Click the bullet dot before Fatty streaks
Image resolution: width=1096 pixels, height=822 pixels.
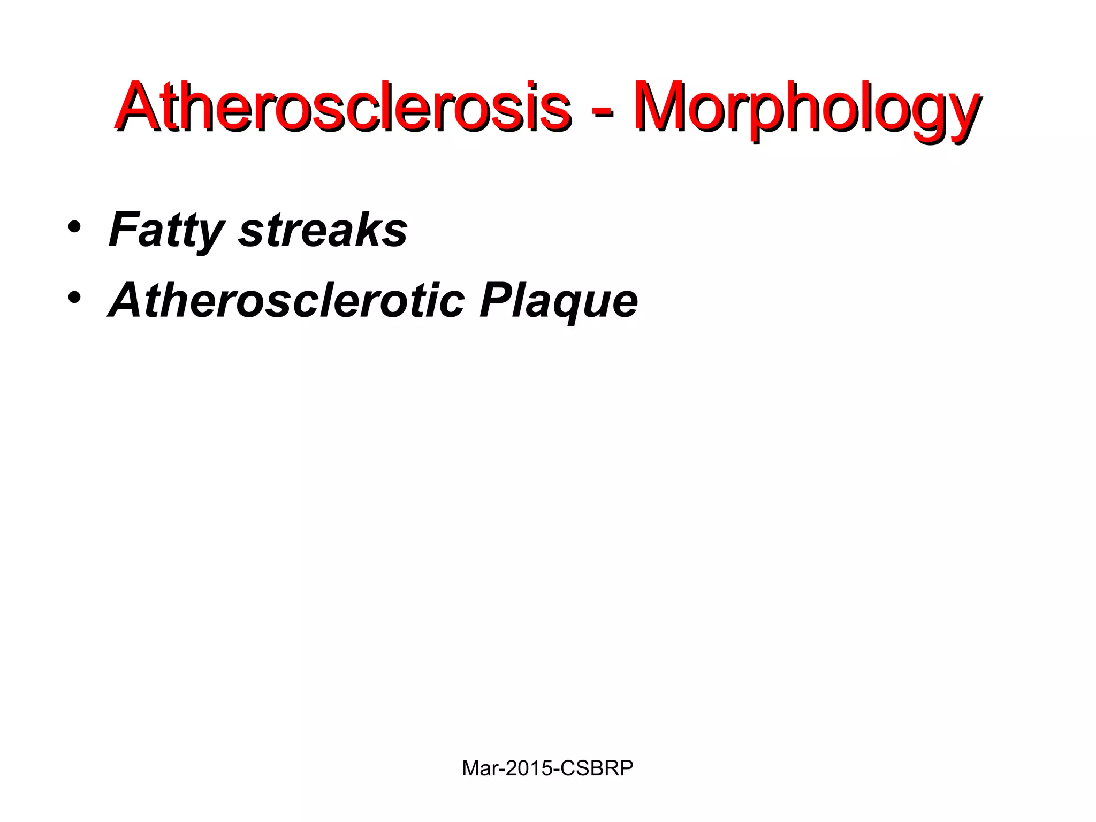(74, 227)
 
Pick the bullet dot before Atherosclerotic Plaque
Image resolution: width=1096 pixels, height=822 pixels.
(74, 297)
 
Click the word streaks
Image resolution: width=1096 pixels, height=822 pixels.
(323, 230)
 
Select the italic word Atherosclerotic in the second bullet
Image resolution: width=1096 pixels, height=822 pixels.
(286, 300)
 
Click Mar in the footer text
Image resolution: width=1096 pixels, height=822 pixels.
(478, 768)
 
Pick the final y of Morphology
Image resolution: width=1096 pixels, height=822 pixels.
(961, 115)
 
